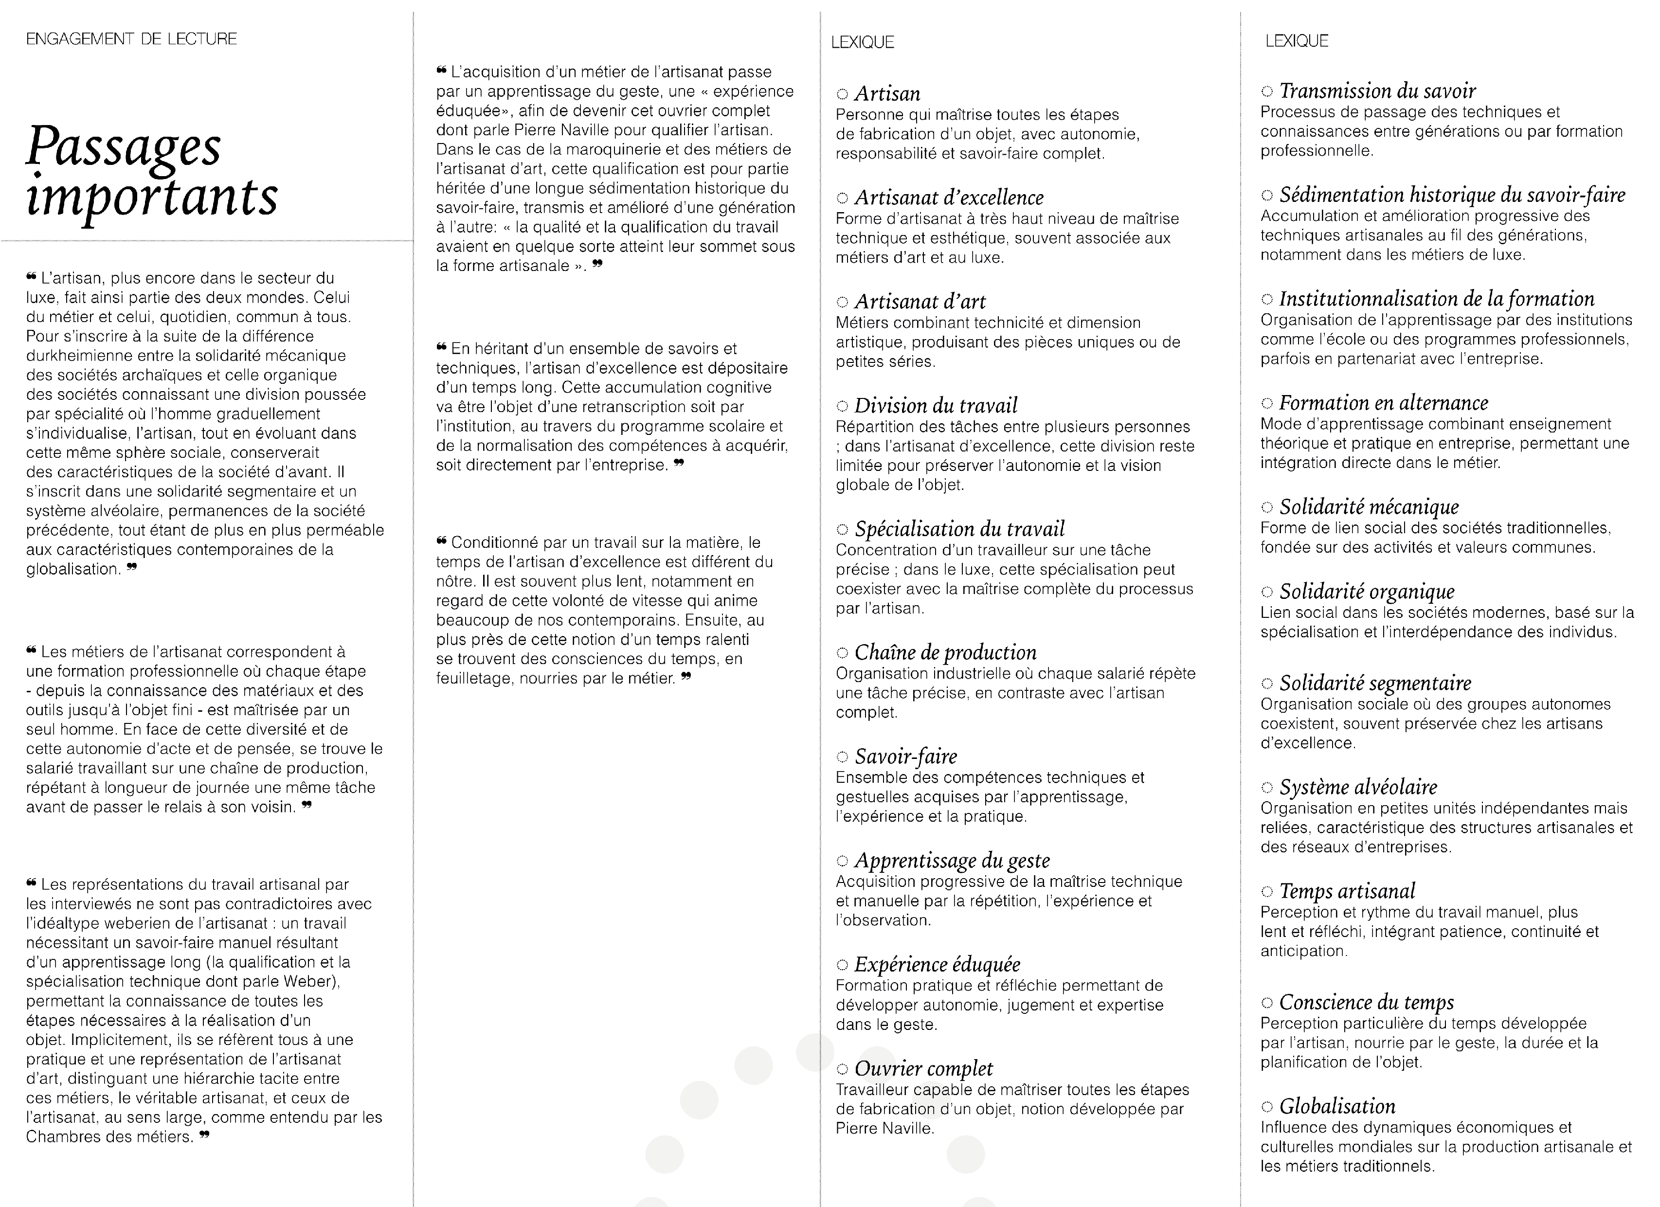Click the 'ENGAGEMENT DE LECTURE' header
[132, 39]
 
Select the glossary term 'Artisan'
[887, 94]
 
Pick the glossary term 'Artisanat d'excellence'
[949, 198]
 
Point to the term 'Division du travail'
[936, 406]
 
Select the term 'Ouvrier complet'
[924, 1069]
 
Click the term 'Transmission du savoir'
[1377, 91]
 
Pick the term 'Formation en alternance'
[1383, 403]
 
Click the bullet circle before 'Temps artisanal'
[1267, 892]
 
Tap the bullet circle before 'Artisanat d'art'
[843, 302]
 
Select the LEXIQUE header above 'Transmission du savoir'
[1296, 41]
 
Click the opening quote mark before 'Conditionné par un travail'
[441, 541]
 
